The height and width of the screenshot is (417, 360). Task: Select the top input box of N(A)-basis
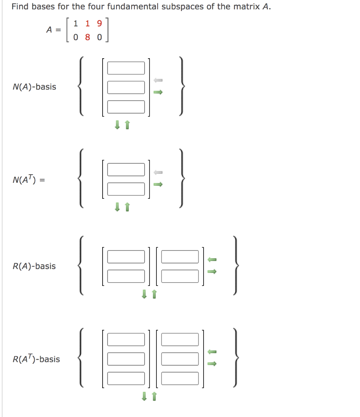[126, 68]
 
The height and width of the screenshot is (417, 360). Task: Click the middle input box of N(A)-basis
[126, 87]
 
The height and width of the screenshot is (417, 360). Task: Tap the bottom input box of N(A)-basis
[126, 107]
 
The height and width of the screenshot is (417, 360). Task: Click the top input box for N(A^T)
[126, 169]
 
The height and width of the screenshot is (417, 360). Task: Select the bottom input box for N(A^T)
[126, 189]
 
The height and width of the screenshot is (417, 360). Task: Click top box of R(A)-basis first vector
[126, 257]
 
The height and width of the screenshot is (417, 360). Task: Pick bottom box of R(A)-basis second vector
[180, 276]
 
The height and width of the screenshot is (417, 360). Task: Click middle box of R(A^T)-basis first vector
[126, 359]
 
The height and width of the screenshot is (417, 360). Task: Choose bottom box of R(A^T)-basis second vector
[180, 378]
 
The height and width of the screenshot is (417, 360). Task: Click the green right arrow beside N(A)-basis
[158, 92]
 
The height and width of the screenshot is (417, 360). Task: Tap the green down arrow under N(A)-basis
[117, 126]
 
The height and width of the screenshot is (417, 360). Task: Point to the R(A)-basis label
[34, 266]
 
